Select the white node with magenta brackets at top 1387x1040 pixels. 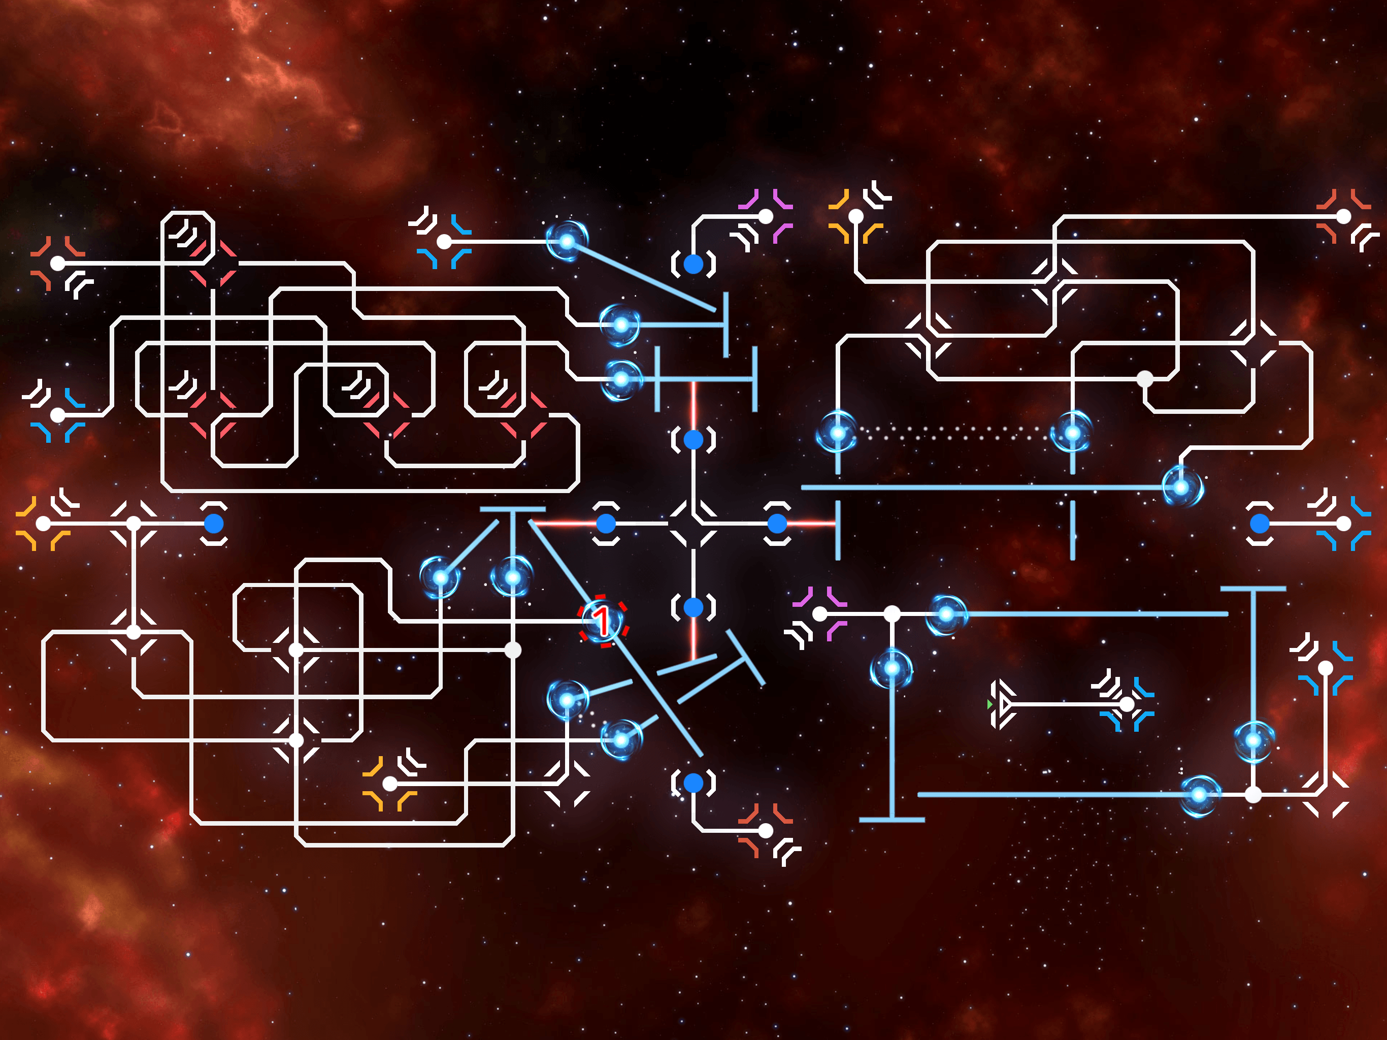(766, 216)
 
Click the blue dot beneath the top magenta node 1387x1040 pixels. (693, 264)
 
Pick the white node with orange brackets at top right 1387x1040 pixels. (856, 216)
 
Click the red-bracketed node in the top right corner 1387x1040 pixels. (1343, 216)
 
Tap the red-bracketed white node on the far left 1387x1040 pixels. (58, 264)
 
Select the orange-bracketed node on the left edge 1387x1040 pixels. (43, 523)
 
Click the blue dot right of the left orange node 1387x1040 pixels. (214, 523)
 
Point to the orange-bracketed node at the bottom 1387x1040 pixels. (389, 784)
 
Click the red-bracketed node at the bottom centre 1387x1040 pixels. (766, 830)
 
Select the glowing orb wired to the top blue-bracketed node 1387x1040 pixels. (567, 241)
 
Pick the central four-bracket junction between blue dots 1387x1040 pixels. (693, 523)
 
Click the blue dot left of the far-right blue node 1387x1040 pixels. (1259, 523)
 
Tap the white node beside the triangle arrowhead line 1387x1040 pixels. (1127, 704)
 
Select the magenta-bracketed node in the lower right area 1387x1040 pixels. (819, 614)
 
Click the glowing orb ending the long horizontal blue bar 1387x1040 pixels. (1181, 487)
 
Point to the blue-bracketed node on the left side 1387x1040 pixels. (58, 414)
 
